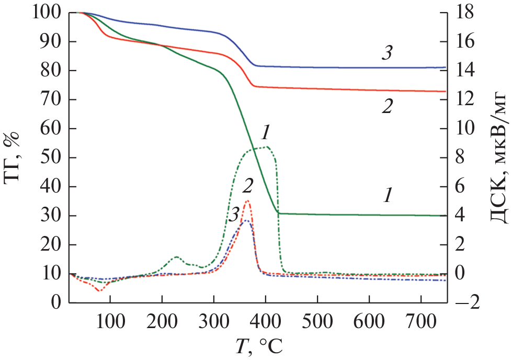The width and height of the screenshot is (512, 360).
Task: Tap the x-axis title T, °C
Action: coord(259,346)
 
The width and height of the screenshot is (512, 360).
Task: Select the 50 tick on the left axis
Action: coord(50,157)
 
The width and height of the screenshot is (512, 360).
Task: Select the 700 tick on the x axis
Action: coord(421,319)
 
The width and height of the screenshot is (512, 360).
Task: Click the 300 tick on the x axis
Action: coord(213,319)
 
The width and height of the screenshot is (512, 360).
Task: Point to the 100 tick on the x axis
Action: coord(110,319)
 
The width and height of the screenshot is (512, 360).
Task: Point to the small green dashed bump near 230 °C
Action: coord(176,257)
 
